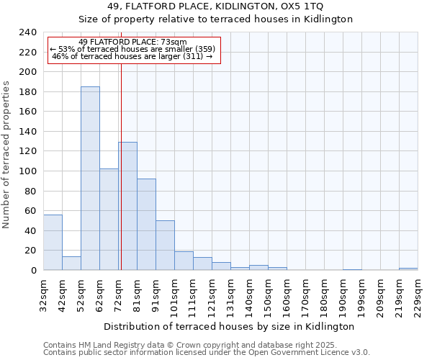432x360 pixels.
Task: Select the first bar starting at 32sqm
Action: click(x=53, y=242)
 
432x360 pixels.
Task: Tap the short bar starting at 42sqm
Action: click(x=71, y=263)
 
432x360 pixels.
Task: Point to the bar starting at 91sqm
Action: click(x=165, y=246)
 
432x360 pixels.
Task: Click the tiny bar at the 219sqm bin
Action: click(x=408, y=269)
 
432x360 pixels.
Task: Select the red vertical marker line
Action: click(x=121, y=166)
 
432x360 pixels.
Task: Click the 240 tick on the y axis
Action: click(x=28, y=32)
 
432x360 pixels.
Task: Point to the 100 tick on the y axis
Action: click(x=28, y=171)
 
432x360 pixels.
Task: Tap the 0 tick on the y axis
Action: click(x=34, y=270)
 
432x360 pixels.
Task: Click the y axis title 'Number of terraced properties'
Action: click(x=7, y=154)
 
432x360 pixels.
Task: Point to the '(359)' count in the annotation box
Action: click(x=202, y=49)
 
